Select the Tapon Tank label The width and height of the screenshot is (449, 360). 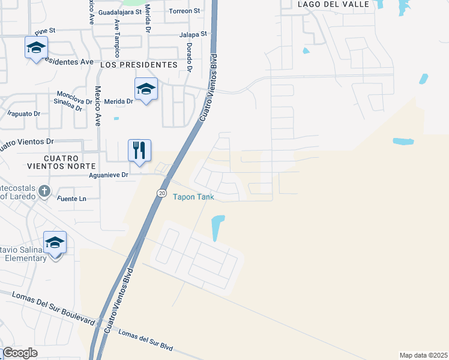pyautogui.click(x=193, y=196)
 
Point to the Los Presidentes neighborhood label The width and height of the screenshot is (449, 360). pyautogui.click(x=139, y=64)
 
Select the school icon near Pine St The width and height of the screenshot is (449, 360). pyautogui.click(x=36, y=47)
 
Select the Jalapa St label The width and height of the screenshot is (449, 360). pyautogui.click(x=193, y=35)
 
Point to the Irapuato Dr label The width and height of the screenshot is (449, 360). pyautogui.click(x=23, y=113)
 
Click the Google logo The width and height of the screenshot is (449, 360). pyautogui.click(x=20, y=353)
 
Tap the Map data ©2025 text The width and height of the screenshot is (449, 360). pyautogui.click(x=423, y=355)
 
